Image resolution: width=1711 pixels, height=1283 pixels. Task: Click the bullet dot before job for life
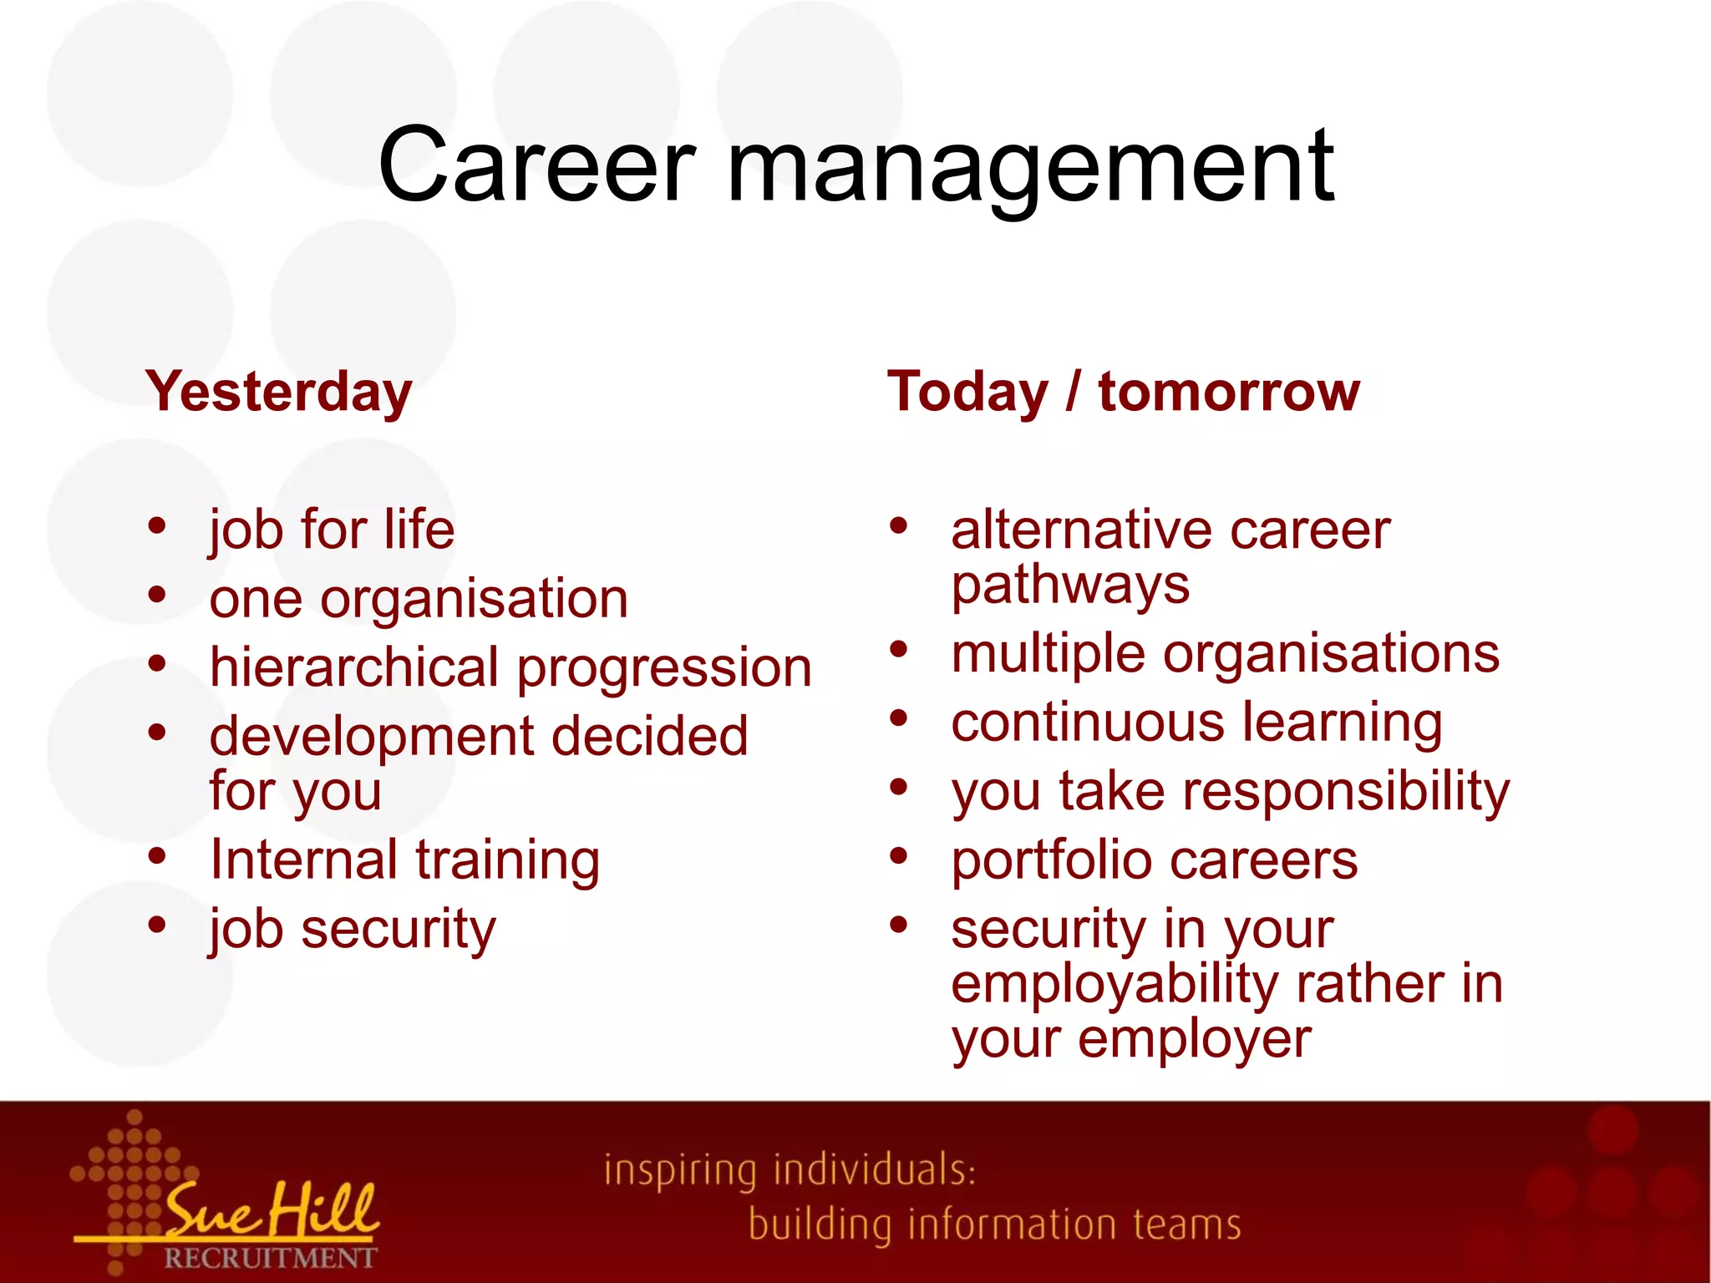click(x=157, y=526)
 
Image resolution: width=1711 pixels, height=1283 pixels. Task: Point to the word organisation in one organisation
click(x=474, y=599)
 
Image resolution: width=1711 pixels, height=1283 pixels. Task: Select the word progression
click(x=664, y=668)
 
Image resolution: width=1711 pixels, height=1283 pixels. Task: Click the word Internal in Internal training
click(x=304, y=860)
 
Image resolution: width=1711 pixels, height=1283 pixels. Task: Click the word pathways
click(x=1070, y=585)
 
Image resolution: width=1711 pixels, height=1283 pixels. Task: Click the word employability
click(x=1114, y=983)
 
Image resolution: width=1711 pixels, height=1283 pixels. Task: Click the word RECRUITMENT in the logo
click(x=270, y=1257)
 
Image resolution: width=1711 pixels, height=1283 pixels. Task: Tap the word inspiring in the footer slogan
click(x=680, y=1170)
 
